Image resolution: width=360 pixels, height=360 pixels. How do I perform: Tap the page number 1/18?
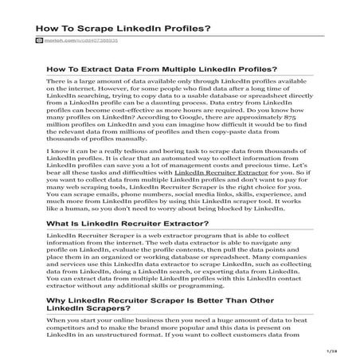(331, 349)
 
